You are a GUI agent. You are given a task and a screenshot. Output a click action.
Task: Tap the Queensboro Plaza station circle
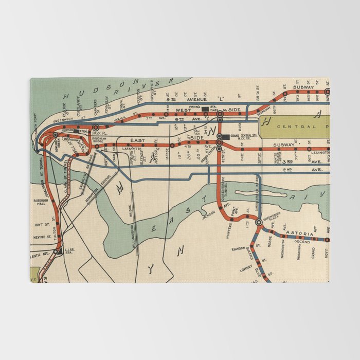(x=259, y=223)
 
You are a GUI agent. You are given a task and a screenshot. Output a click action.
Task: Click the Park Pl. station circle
(x=96, y=127)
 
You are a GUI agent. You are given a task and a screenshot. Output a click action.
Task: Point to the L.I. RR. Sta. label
(x=70, y=251)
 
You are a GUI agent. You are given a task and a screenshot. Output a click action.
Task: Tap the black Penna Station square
(x=205, y=109)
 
